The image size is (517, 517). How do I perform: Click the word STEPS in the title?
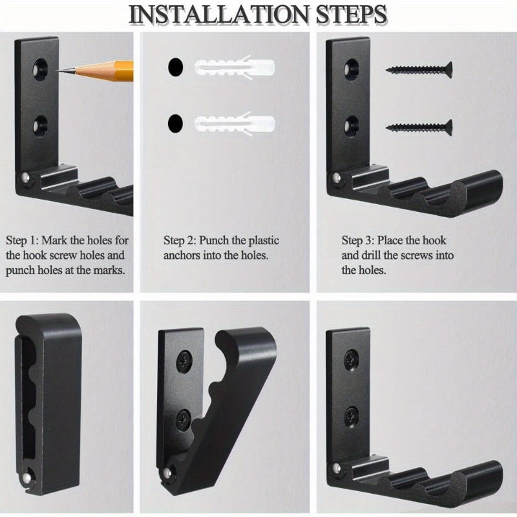tap(352, 15)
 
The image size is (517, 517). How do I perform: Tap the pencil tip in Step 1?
tap(57, 70)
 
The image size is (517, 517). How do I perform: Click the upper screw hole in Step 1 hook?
tap(40, 69)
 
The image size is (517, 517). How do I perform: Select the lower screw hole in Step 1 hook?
tap(40, 125)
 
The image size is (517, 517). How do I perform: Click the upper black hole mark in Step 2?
tap(175, 67)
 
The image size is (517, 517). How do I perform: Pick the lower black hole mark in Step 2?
tap(175, 123)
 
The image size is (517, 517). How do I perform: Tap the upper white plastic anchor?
tap(235, 68)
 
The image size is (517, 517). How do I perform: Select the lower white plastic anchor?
tap(235, 124)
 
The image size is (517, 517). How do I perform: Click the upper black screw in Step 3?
tap(419, 70)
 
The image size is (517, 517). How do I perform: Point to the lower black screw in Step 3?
tap(419, 127)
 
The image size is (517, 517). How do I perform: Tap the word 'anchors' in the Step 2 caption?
tap(182, 255)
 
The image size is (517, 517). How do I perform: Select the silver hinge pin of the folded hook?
tap(26, 478)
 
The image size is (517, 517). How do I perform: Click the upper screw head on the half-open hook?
tap(184, 362)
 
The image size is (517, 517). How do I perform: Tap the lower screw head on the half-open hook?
tap(184, 419)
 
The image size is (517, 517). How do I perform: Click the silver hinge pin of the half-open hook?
tap(167, 474)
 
